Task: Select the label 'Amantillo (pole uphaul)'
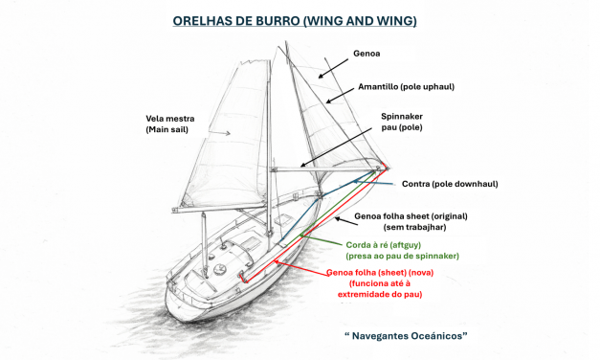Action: coord(406,87)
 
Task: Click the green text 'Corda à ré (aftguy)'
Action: coord(380,245)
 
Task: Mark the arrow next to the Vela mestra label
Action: coord(220,133)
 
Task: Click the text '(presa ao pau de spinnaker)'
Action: coord(402,257)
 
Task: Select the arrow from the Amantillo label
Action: coord(339,93)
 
